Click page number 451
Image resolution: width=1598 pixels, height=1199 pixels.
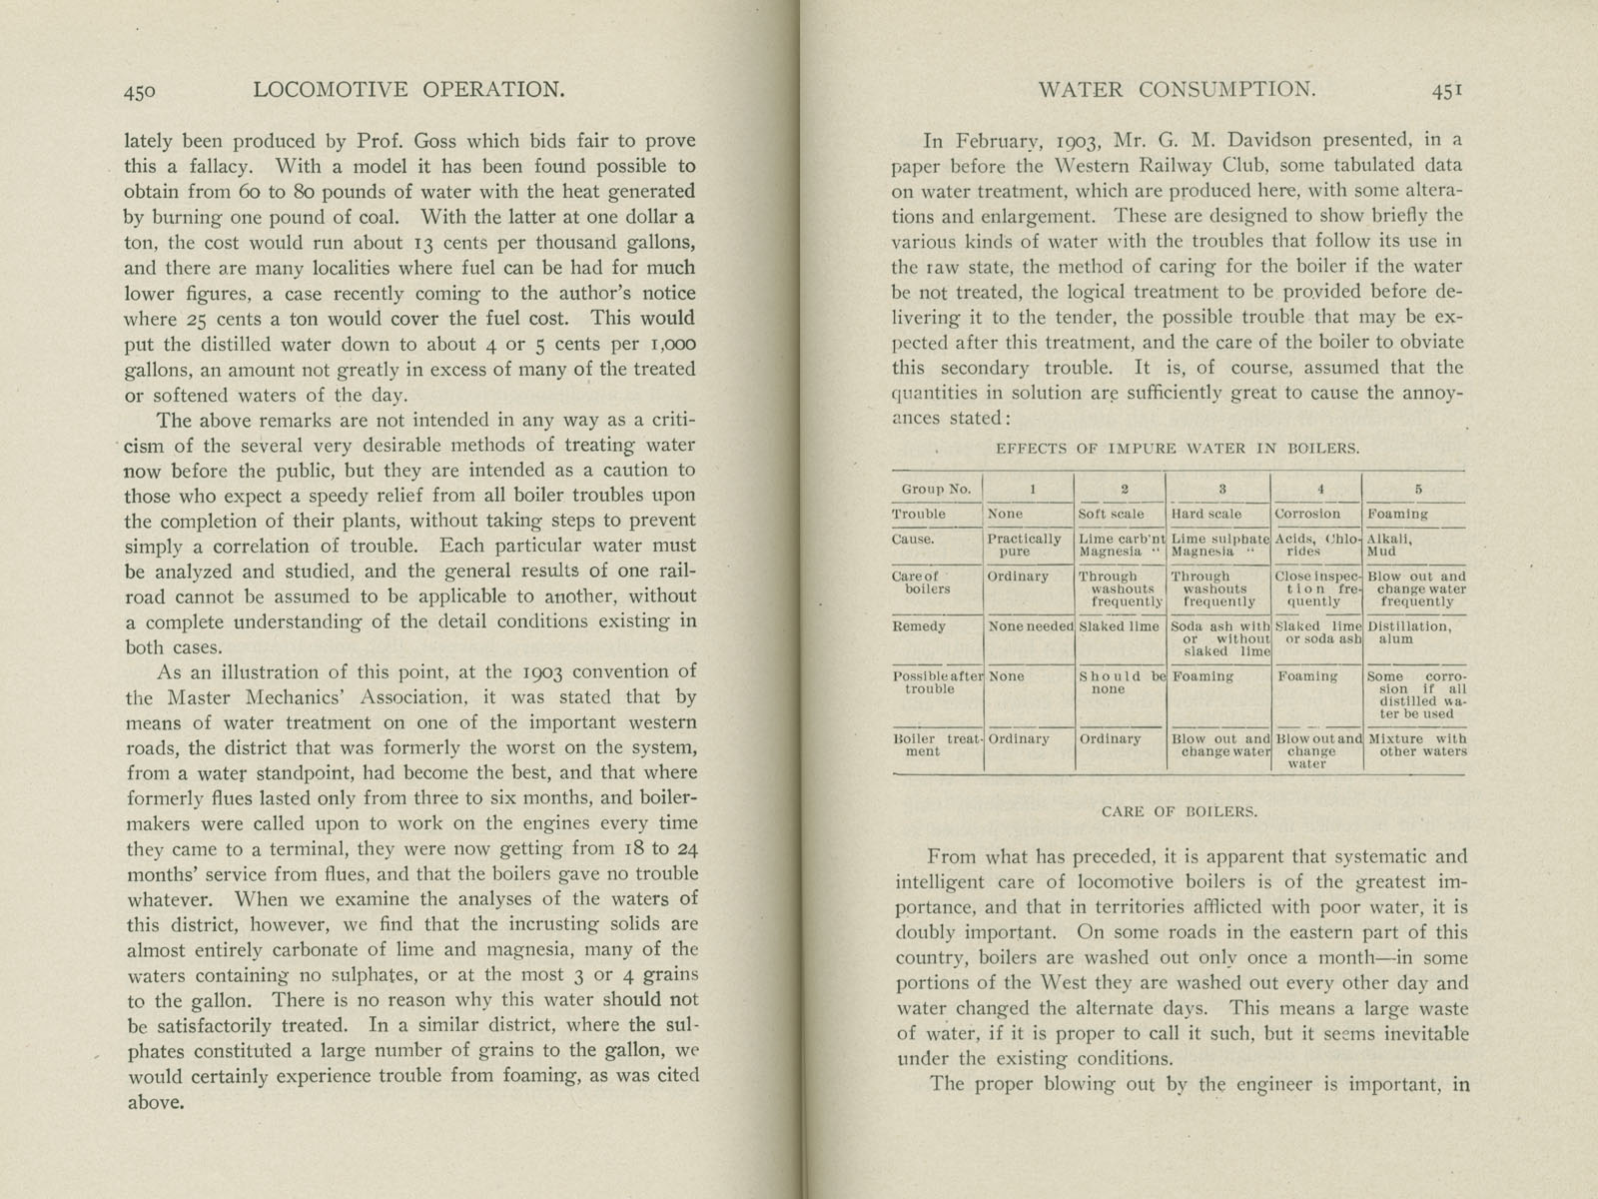tap(1447, 91)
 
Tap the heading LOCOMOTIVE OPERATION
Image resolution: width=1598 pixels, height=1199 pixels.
tap(409, 91)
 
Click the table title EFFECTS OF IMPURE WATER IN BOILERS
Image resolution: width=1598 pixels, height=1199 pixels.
tap(1178, 449)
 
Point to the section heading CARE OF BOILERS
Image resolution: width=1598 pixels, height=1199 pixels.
tap(1179, 812)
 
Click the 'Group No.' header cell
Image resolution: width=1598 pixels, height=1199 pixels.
tap(935, 490)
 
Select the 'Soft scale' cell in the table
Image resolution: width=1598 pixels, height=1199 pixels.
tap(1111, 514)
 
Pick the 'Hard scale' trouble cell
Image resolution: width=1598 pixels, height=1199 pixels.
tap(1205, 514)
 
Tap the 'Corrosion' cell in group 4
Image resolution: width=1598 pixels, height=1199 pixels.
tap(1307, 514)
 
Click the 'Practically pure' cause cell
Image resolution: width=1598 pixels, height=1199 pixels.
tap(1024, 545)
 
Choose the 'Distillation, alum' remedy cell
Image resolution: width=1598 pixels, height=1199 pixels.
tap(1407, 632)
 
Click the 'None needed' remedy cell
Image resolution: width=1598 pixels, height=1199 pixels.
tap(1030, 626)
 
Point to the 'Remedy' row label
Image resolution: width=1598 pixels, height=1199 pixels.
tap(918, 626)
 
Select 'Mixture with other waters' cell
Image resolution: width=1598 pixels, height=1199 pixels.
tap(1416, 745)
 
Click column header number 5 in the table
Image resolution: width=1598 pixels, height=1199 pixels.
tap(1417, 490)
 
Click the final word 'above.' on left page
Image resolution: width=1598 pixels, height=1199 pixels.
tap(154, 1103)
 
